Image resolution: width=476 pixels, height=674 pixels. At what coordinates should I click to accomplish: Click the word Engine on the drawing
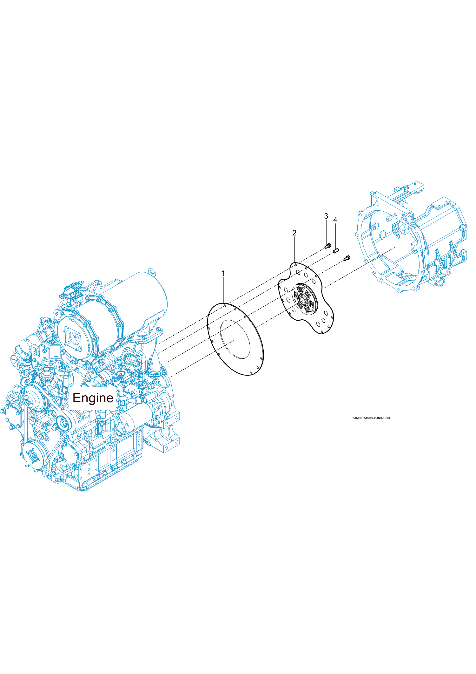[93, 398]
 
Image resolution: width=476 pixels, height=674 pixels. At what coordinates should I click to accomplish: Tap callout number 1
[223, 273]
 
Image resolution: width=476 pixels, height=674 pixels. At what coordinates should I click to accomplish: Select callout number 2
[294, 233]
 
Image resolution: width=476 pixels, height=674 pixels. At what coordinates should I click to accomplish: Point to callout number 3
[326, 216]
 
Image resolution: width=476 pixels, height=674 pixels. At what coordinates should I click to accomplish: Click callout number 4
[335, 220]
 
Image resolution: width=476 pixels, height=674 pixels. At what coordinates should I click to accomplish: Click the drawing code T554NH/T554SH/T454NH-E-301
[370, 418]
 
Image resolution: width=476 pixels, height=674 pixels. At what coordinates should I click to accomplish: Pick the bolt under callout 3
[328, 246]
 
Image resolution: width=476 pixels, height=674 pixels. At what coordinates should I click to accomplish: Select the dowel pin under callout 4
[336, 251]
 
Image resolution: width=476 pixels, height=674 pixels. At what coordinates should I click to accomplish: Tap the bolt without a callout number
[347, 258]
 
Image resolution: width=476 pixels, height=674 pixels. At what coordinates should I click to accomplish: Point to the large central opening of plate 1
[235, 339]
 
